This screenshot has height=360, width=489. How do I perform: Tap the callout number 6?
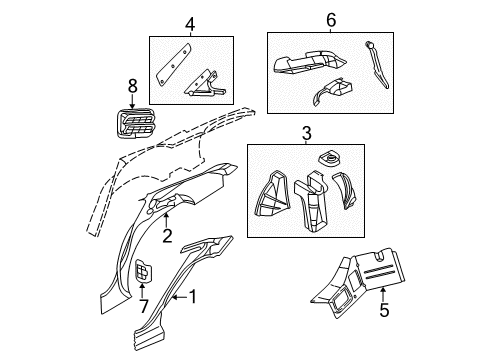[331, 19]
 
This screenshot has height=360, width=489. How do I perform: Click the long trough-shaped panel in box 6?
[305, 63]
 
